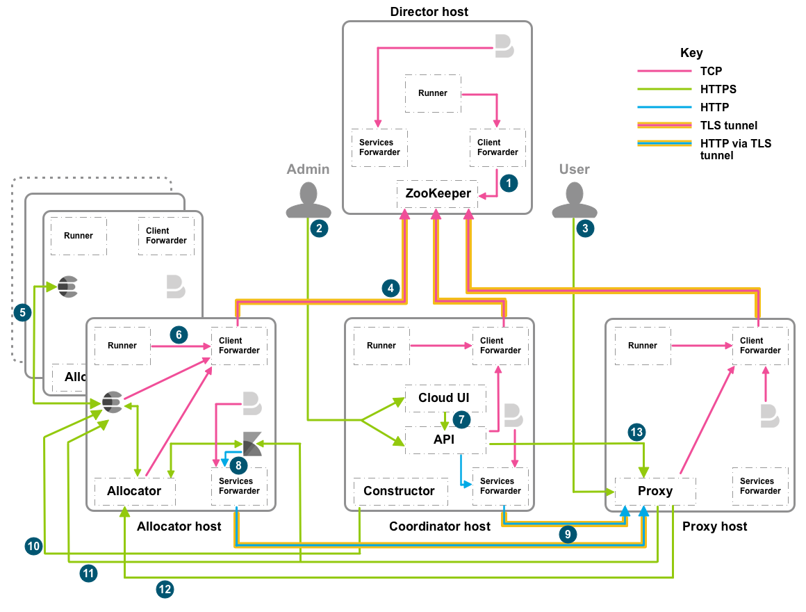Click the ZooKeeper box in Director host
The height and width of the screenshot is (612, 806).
click(438, 193)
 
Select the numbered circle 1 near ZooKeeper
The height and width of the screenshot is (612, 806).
click(509, 183)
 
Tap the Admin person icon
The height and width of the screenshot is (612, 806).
click(309, 200)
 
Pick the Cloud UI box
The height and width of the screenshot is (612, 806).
click(445, 398)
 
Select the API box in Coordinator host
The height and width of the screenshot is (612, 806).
click(445, 440)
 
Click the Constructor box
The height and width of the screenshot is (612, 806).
click(399, 490)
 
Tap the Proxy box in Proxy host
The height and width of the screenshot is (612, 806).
click(655, 490)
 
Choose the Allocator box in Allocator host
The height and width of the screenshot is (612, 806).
click(134, 490)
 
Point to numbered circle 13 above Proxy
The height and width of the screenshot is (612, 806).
click(636, 432)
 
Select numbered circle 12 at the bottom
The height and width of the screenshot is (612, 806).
click(165, 589)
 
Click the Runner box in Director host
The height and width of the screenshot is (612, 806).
click(432, 93)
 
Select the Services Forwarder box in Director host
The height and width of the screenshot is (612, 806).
click(379, 147)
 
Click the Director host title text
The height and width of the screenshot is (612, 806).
click(429, 12)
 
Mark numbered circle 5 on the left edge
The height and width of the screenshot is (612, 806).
click(23, 312)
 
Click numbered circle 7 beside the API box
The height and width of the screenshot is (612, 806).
click(461, 419)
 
